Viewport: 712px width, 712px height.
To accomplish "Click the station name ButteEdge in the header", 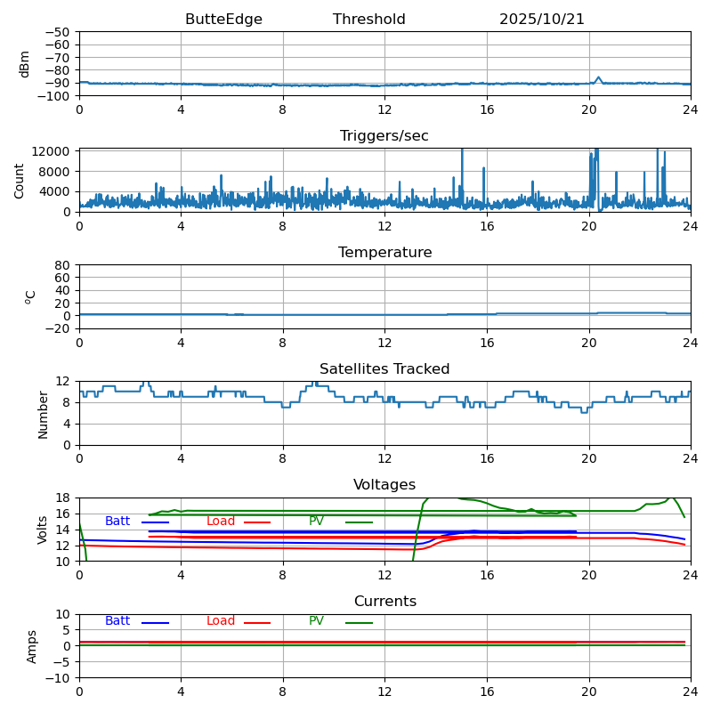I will pyautogui.click(x=223, y=20).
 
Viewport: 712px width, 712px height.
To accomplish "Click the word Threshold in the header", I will pyautogui.click(x=368, y=20).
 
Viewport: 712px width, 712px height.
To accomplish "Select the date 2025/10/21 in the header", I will pyautogui.click(x=541, y=20).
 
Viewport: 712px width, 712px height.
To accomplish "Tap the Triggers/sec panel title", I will pyautogui.click(x=384, y=136).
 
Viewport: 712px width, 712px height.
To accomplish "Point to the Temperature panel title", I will pyautogui.click(x=384, y=253).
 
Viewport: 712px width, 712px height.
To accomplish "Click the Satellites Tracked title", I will pyautogui.click(x=384, y=369).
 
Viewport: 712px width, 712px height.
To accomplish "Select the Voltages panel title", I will pyautogui.click(x=384, y=485).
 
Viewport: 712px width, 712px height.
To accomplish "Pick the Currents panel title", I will pyautogui.click(x=384, y=602).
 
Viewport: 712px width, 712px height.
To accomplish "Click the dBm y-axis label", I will pyautogui.click(x=25, y=64).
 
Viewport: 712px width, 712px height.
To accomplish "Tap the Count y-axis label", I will pyautogui.click(x=20, y=180).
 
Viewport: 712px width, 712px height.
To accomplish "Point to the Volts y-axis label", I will pyautogui.click(x=44, y=530).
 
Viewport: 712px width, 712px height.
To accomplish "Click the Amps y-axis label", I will pyautogui.click(x=32, y=646).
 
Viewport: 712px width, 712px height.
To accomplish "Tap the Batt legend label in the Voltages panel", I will pyautogui.click(x=117, y=522).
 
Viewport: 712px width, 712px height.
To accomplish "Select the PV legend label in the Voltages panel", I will pyautogui.click(x=317, y=522).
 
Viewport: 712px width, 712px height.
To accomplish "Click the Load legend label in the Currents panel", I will pyautogui.click(x=221, y=621).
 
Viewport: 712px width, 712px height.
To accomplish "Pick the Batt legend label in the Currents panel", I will pyautogui.click(x=117, y=621).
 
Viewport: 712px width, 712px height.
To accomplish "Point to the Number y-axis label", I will pyautogui.click(x=44, y=414).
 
